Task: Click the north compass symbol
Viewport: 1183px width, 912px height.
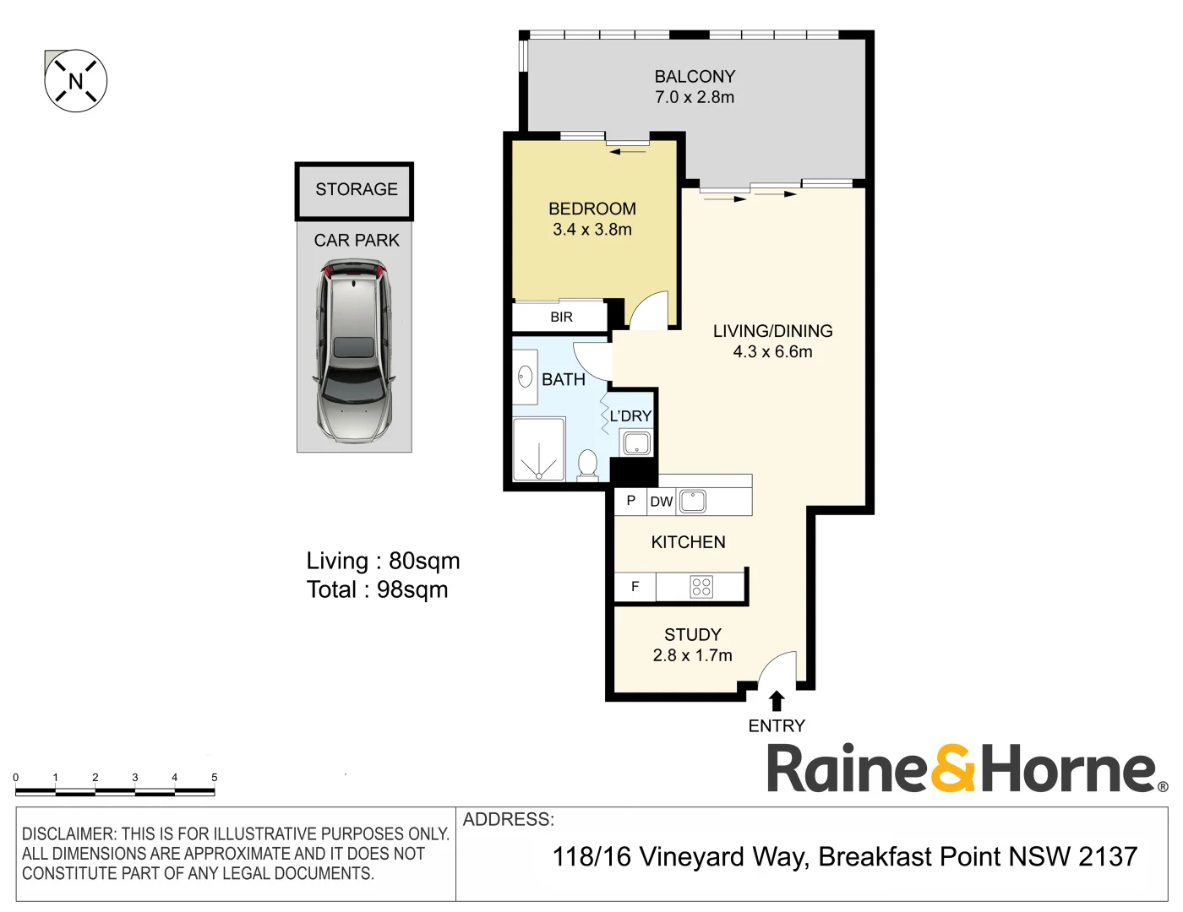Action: [x=76, y=81]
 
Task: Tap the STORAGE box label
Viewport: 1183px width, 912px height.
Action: [x=356, y=190]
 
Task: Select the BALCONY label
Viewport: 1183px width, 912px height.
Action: [x=695, y=77]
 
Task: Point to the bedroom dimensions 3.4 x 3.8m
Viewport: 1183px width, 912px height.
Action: [x=591, y=230]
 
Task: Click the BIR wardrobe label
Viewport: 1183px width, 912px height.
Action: [x=561, y=318]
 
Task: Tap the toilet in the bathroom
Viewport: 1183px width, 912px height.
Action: [x=587, y=464]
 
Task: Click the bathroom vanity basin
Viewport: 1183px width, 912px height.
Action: [x=525, y=377]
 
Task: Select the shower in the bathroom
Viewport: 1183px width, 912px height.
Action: [x=537, y=450]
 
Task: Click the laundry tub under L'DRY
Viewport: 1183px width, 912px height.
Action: [x=636, y=442]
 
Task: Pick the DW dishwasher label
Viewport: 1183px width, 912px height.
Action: [x=661, y=502]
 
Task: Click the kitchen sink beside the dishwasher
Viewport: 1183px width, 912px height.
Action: [x=693, y=501]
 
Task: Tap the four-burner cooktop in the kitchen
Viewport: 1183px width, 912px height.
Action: [x=701, y=587]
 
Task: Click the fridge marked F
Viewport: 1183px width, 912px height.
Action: [x=635, y=587]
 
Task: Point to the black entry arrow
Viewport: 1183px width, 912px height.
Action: [x=777, y=701]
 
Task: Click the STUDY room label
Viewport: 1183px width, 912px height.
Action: [x=692, y=635]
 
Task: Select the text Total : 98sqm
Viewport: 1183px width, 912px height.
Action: [x=377, y=589]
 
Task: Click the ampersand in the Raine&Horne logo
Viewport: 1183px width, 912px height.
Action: [x=953, y=768]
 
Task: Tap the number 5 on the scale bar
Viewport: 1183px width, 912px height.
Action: [x=214, y=777]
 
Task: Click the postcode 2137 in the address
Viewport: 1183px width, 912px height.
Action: [x=1108, y=856]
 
